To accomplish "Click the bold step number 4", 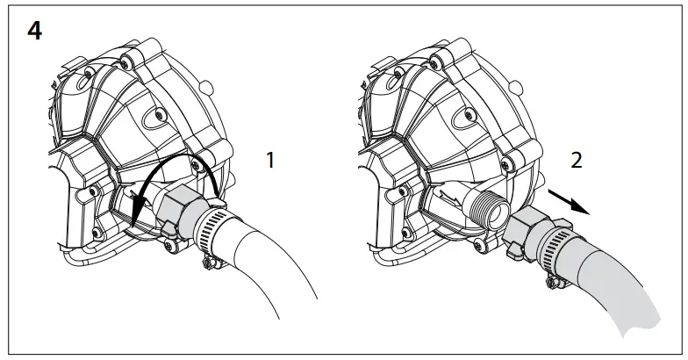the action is coord(35,32).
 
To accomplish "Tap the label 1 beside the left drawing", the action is coord(270,160).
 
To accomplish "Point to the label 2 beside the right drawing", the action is coord(576,160).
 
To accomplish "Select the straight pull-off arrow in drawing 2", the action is coord(569,202).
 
